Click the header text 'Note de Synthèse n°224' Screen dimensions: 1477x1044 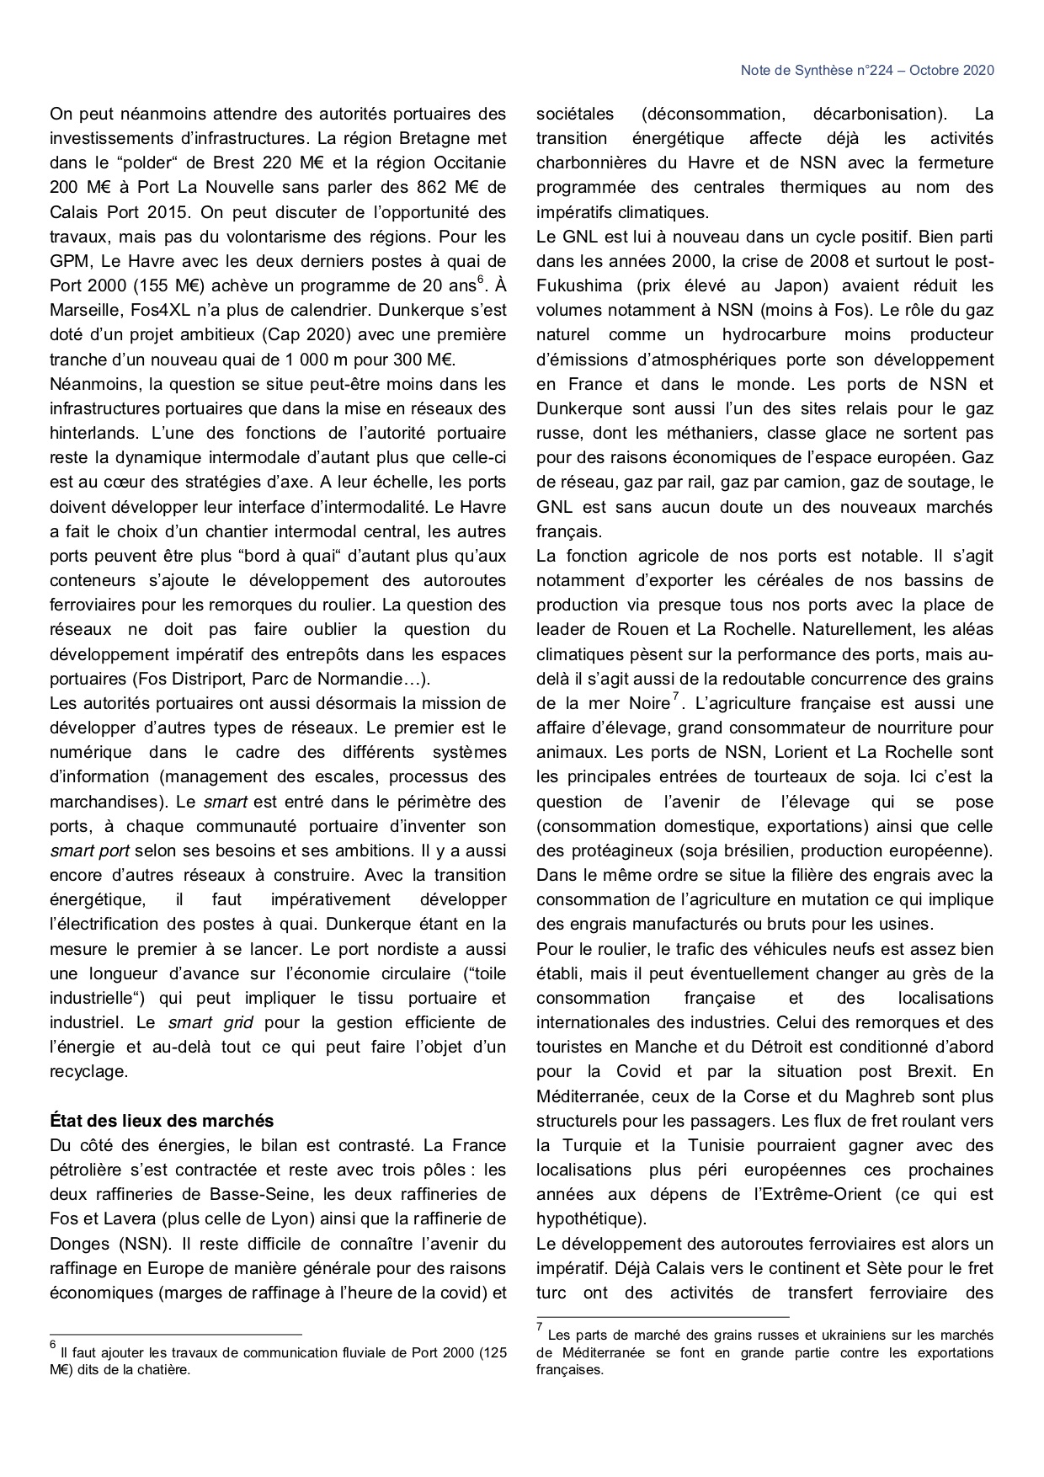(809, 71)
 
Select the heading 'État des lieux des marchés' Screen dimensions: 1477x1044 (162, 1121)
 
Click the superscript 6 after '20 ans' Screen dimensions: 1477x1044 (480, 279)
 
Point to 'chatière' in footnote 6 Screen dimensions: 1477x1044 (164, 1369)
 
